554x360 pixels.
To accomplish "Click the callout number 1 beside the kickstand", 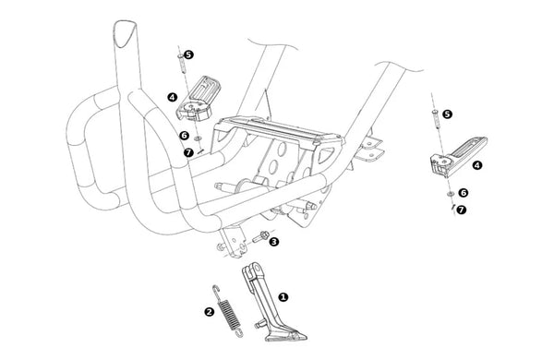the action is pos(283,297).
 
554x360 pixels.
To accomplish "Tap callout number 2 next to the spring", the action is pos(210,312).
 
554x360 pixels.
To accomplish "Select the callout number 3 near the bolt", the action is pos(274,242).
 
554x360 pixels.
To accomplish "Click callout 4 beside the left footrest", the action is pos(172,97).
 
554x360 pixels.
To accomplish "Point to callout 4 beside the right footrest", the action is pos(477,165).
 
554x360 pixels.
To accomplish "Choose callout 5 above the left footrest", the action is pos(189,54).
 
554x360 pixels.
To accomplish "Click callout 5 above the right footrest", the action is pos(447,114).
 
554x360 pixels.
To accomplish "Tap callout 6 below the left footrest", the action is pos(184,136).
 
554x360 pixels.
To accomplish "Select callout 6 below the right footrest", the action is pos(464,193).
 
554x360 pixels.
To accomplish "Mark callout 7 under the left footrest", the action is pos(188,152).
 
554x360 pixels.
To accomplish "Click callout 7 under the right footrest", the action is pos(462,210).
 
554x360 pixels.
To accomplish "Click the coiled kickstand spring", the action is pos(227,311).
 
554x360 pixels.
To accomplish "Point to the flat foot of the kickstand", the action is pos(286,336).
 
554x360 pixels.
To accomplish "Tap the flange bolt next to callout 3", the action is pos(260,236).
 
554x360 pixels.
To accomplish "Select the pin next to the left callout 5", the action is pos(182,64).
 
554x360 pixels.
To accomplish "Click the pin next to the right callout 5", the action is pos(437,119).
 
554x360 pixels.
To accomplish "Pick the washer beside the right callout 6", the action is pos(451,194).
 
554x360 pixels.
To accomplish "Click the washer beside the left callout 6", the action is pos(198,138).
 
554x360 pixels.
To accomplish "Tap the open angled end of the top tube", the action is pos(125,33).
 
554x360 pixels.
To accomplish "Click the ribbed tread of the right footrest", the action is pos(467,149).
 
